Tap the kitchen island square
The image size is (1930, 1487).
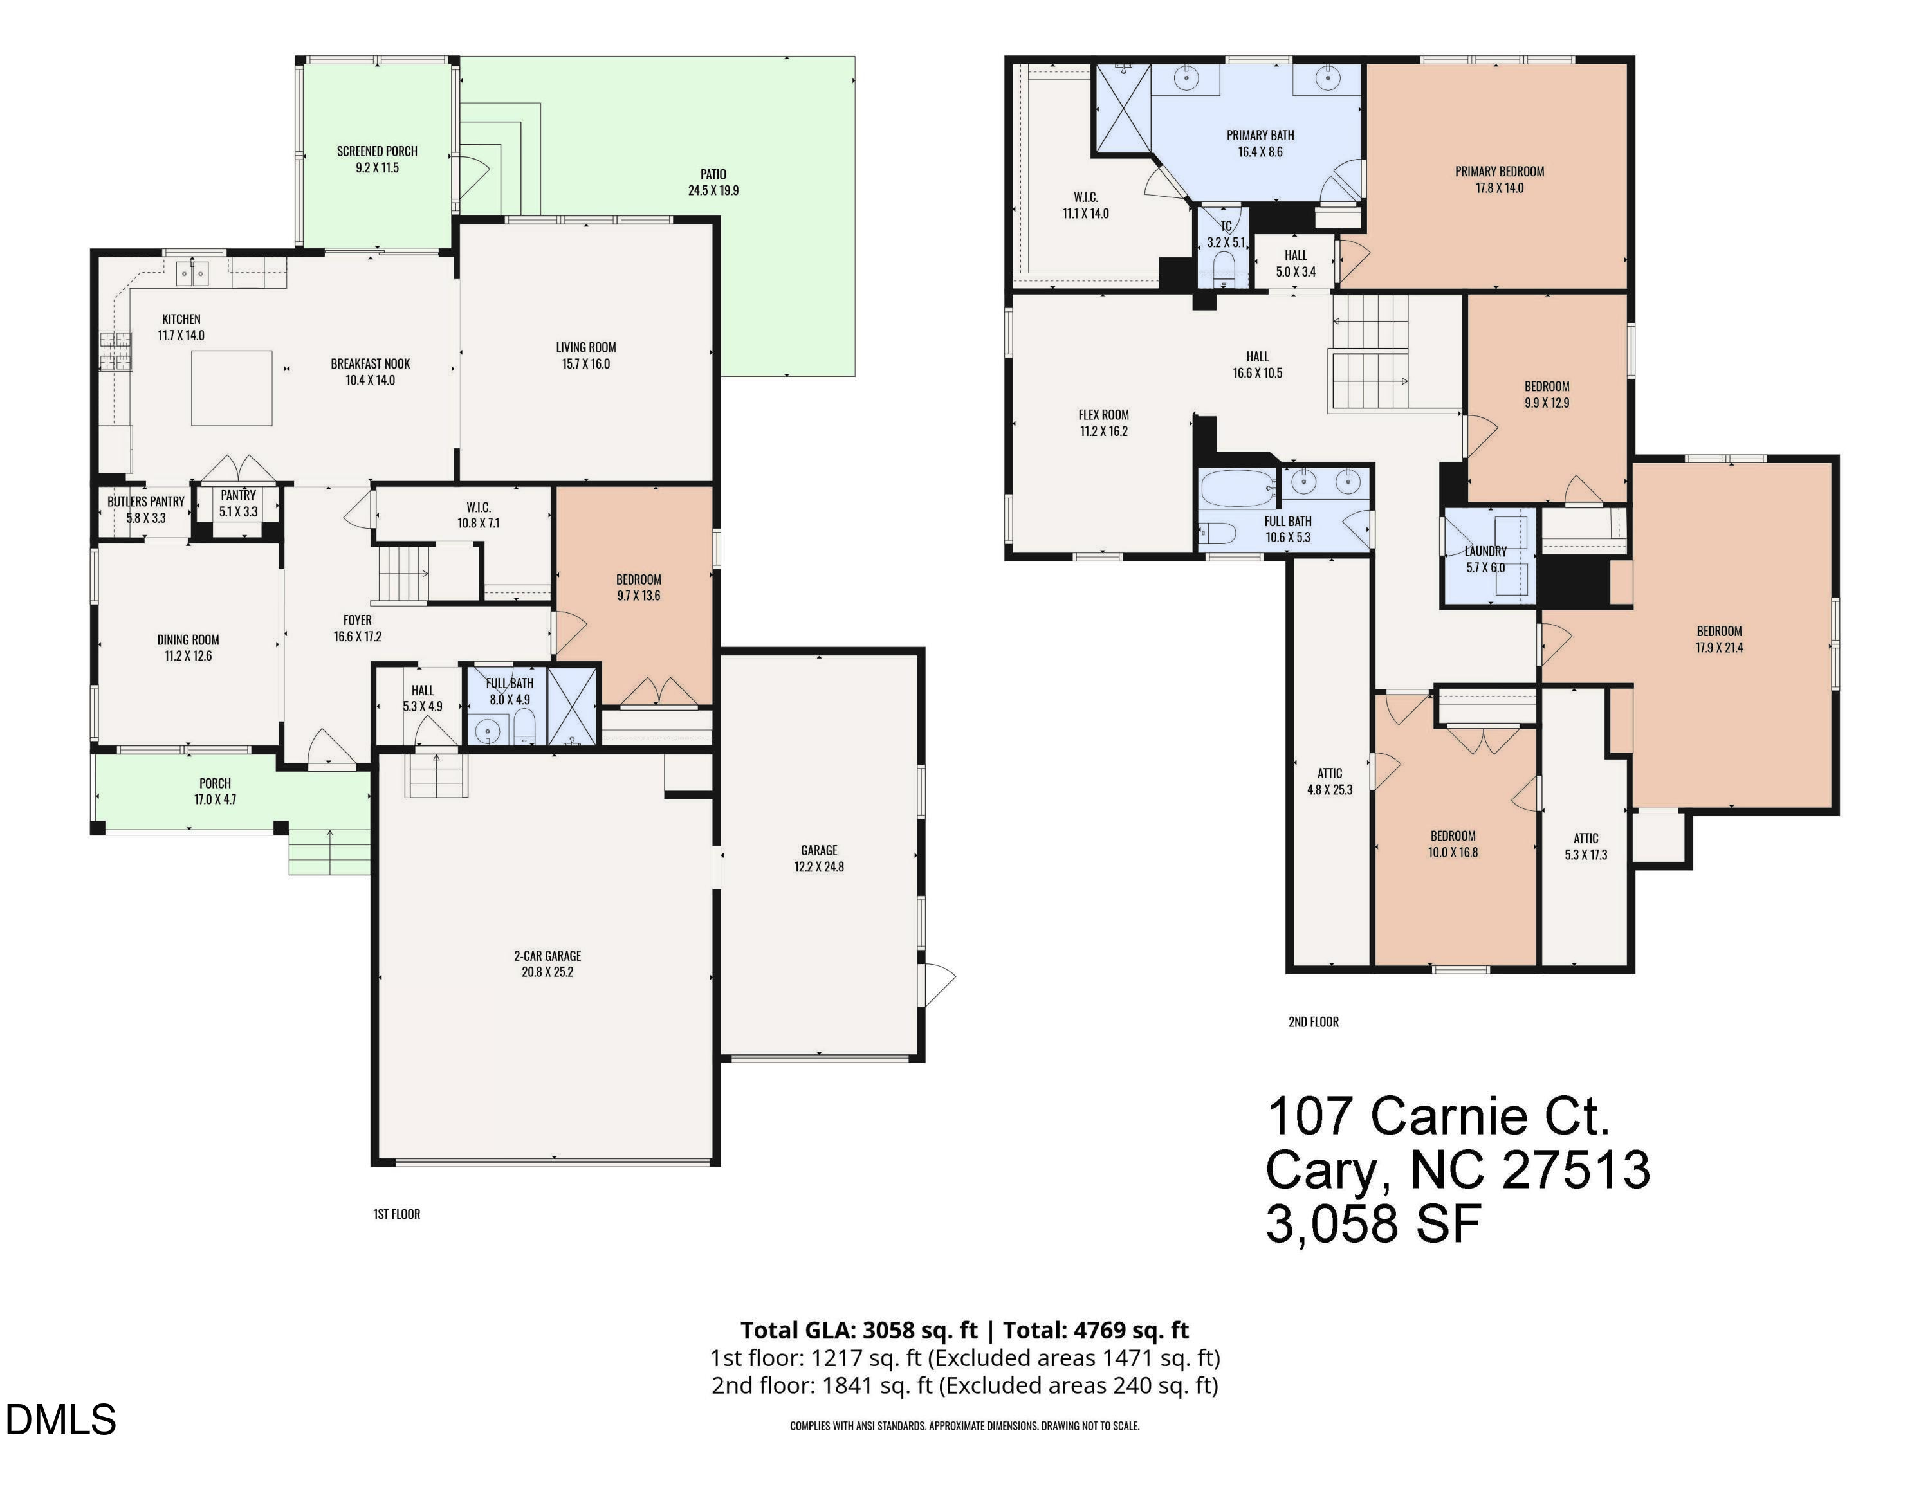pos(232,388)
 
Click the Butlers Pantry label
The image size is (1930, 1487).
pos(146,501)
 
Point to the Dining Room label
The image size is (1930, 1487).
pos(188,640)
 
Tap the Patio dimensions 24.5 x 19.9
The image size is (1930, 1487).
pos(713,190)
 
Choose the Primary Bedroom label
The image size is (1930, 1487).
pos(1499,172)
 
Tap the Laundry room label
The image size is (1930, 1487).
pos(1485,551)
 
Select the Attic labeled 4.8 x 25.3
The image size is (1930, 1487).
pos(1329,781)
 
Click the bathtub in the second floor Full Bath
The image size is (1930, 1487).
pos(1238,488)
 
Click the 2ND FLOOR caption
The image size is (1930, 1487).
pos(1312,1021)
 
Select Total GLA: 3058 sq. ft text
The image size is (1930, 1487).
pos(858,1329)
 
